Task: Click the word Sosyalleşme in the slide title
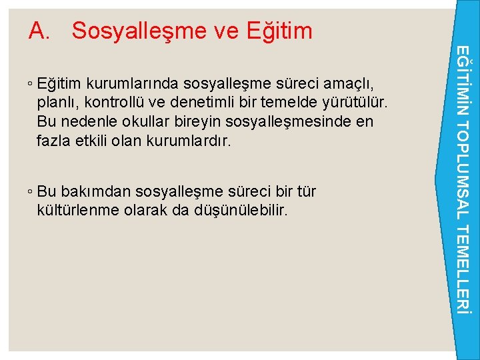[x=141, y=31]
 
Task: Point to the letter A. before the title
[x=41, y=31]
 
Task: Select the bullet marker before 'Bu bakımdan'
[x=31, y=192]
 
